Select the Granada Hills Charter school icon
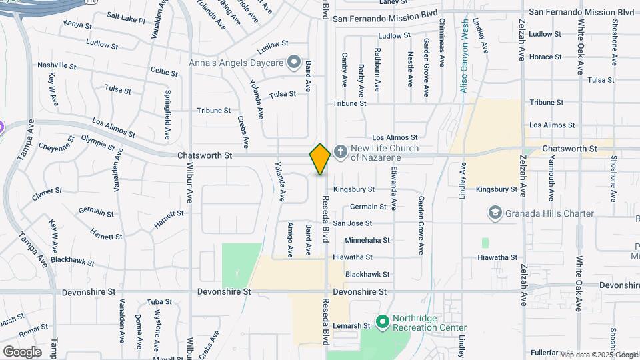(495, 213)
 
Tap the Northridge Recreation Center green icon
(382, 323)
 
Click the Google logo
(22, 351)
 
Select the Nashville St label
(54, 65)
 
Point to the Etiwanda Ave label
(394, 189)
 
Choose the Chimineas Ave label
(441, 43)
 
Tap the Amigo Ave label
(290, 239)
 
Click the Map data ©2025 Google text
(598, 355)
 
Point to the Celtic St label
(164, 71)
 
